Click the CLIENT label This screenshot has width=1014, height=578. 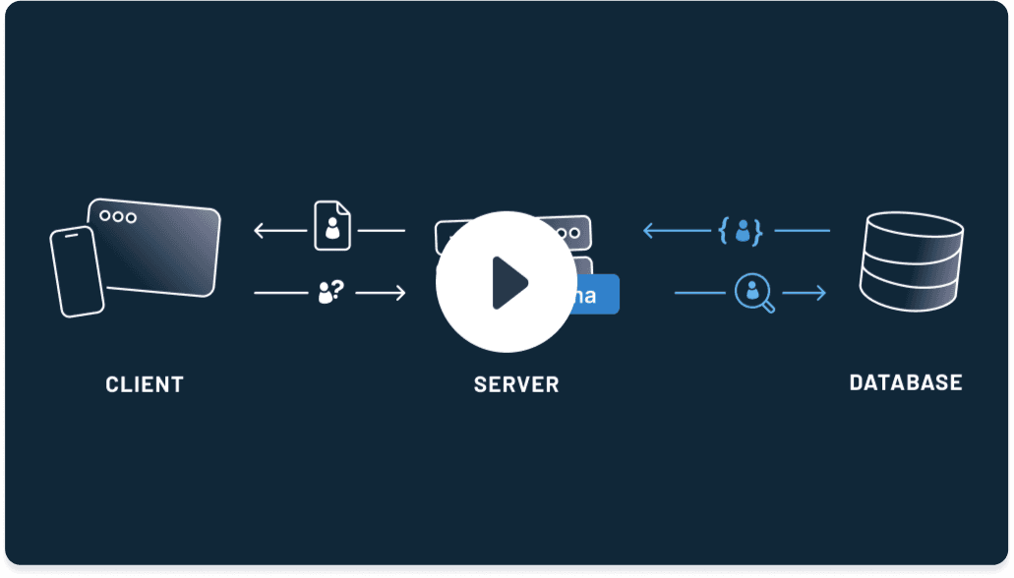click(x=145, y=383)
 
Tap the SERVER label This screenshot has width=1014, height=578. click(x=516, y=384)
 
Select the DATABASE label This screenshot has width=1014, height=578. click(x=906, y=382)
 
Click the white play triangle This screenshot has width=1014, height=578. click(x=508, y=283)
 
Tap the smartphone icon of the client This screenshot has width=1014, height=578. click(x=77, y=272)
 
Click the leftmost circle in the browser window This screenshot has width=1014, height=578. click(x=105, y=216)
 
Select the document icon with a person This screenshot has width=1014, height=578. click(x=331, y=226)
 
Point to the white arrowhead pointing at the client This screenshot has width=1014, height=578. click(x=260, y=231)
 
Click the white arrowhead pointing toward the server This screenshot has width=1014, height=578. click(x=399, y=292)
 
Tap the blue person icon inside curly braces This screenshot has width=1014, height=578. click(x=743, y=231)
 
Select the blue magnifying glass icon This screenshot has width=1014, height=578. click(x=754, y=293)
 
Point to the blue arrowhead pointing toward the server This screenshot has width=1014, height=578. click(x=649, y=231)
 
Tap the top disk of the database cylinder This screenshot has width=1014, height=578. click(x=911, y=228)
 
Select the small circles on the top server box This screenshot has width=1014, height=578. click(x=568, y=233)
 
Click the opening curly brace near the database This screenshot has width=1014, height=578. click(x=724, y=231)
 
